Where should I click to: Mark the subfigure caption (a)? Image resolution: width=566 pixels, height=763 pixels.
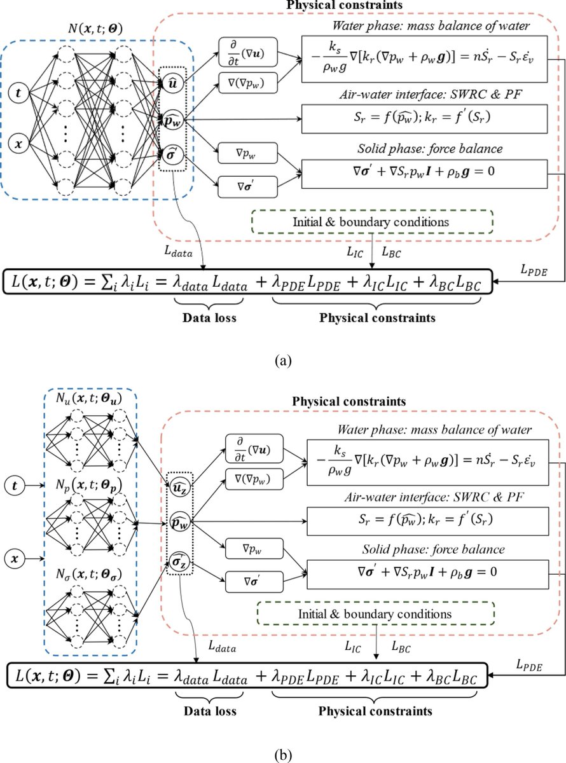[283, 360]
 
